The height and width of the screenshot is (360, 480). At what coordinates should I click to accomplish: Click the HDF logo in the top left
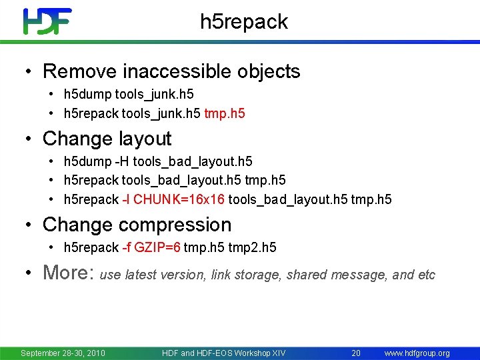[x=47, y=21]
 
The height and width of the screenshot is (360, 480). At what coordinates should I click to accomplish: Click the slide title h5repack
[x=244, y=22]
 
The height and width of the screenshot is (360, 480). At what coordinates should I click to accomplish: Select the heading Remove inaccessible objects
[x=171, y=71]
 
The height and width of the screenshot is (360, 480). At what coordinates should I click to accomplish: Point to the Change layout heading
[x=107, y=139]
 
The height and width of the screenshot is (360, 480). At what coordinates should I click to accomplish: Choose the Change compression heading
[x=137, y=225]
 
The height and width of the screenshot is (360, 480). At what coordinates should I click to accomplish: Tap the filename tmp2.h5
[x=252, y=247]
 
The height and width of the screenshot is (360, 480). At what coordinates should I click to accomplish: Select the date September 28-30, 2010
[x=63, y=353]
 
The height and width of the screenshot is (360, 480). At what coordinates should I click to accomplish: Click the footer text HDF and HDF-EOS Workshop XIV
[x=223, y=353]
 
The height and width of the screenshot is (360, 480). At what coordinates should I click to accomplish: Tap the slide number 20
[x=356, y=353]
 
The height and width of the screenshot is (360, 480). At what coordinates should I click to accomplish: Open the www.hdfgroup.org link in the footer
[x=417, y=353]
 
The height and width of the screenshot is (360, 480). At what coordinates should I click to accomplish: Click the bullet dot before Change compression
[x=28, y=225]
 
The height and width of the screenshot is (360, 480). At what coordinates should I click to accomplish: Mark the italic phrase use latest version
[x=153, y=275]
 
